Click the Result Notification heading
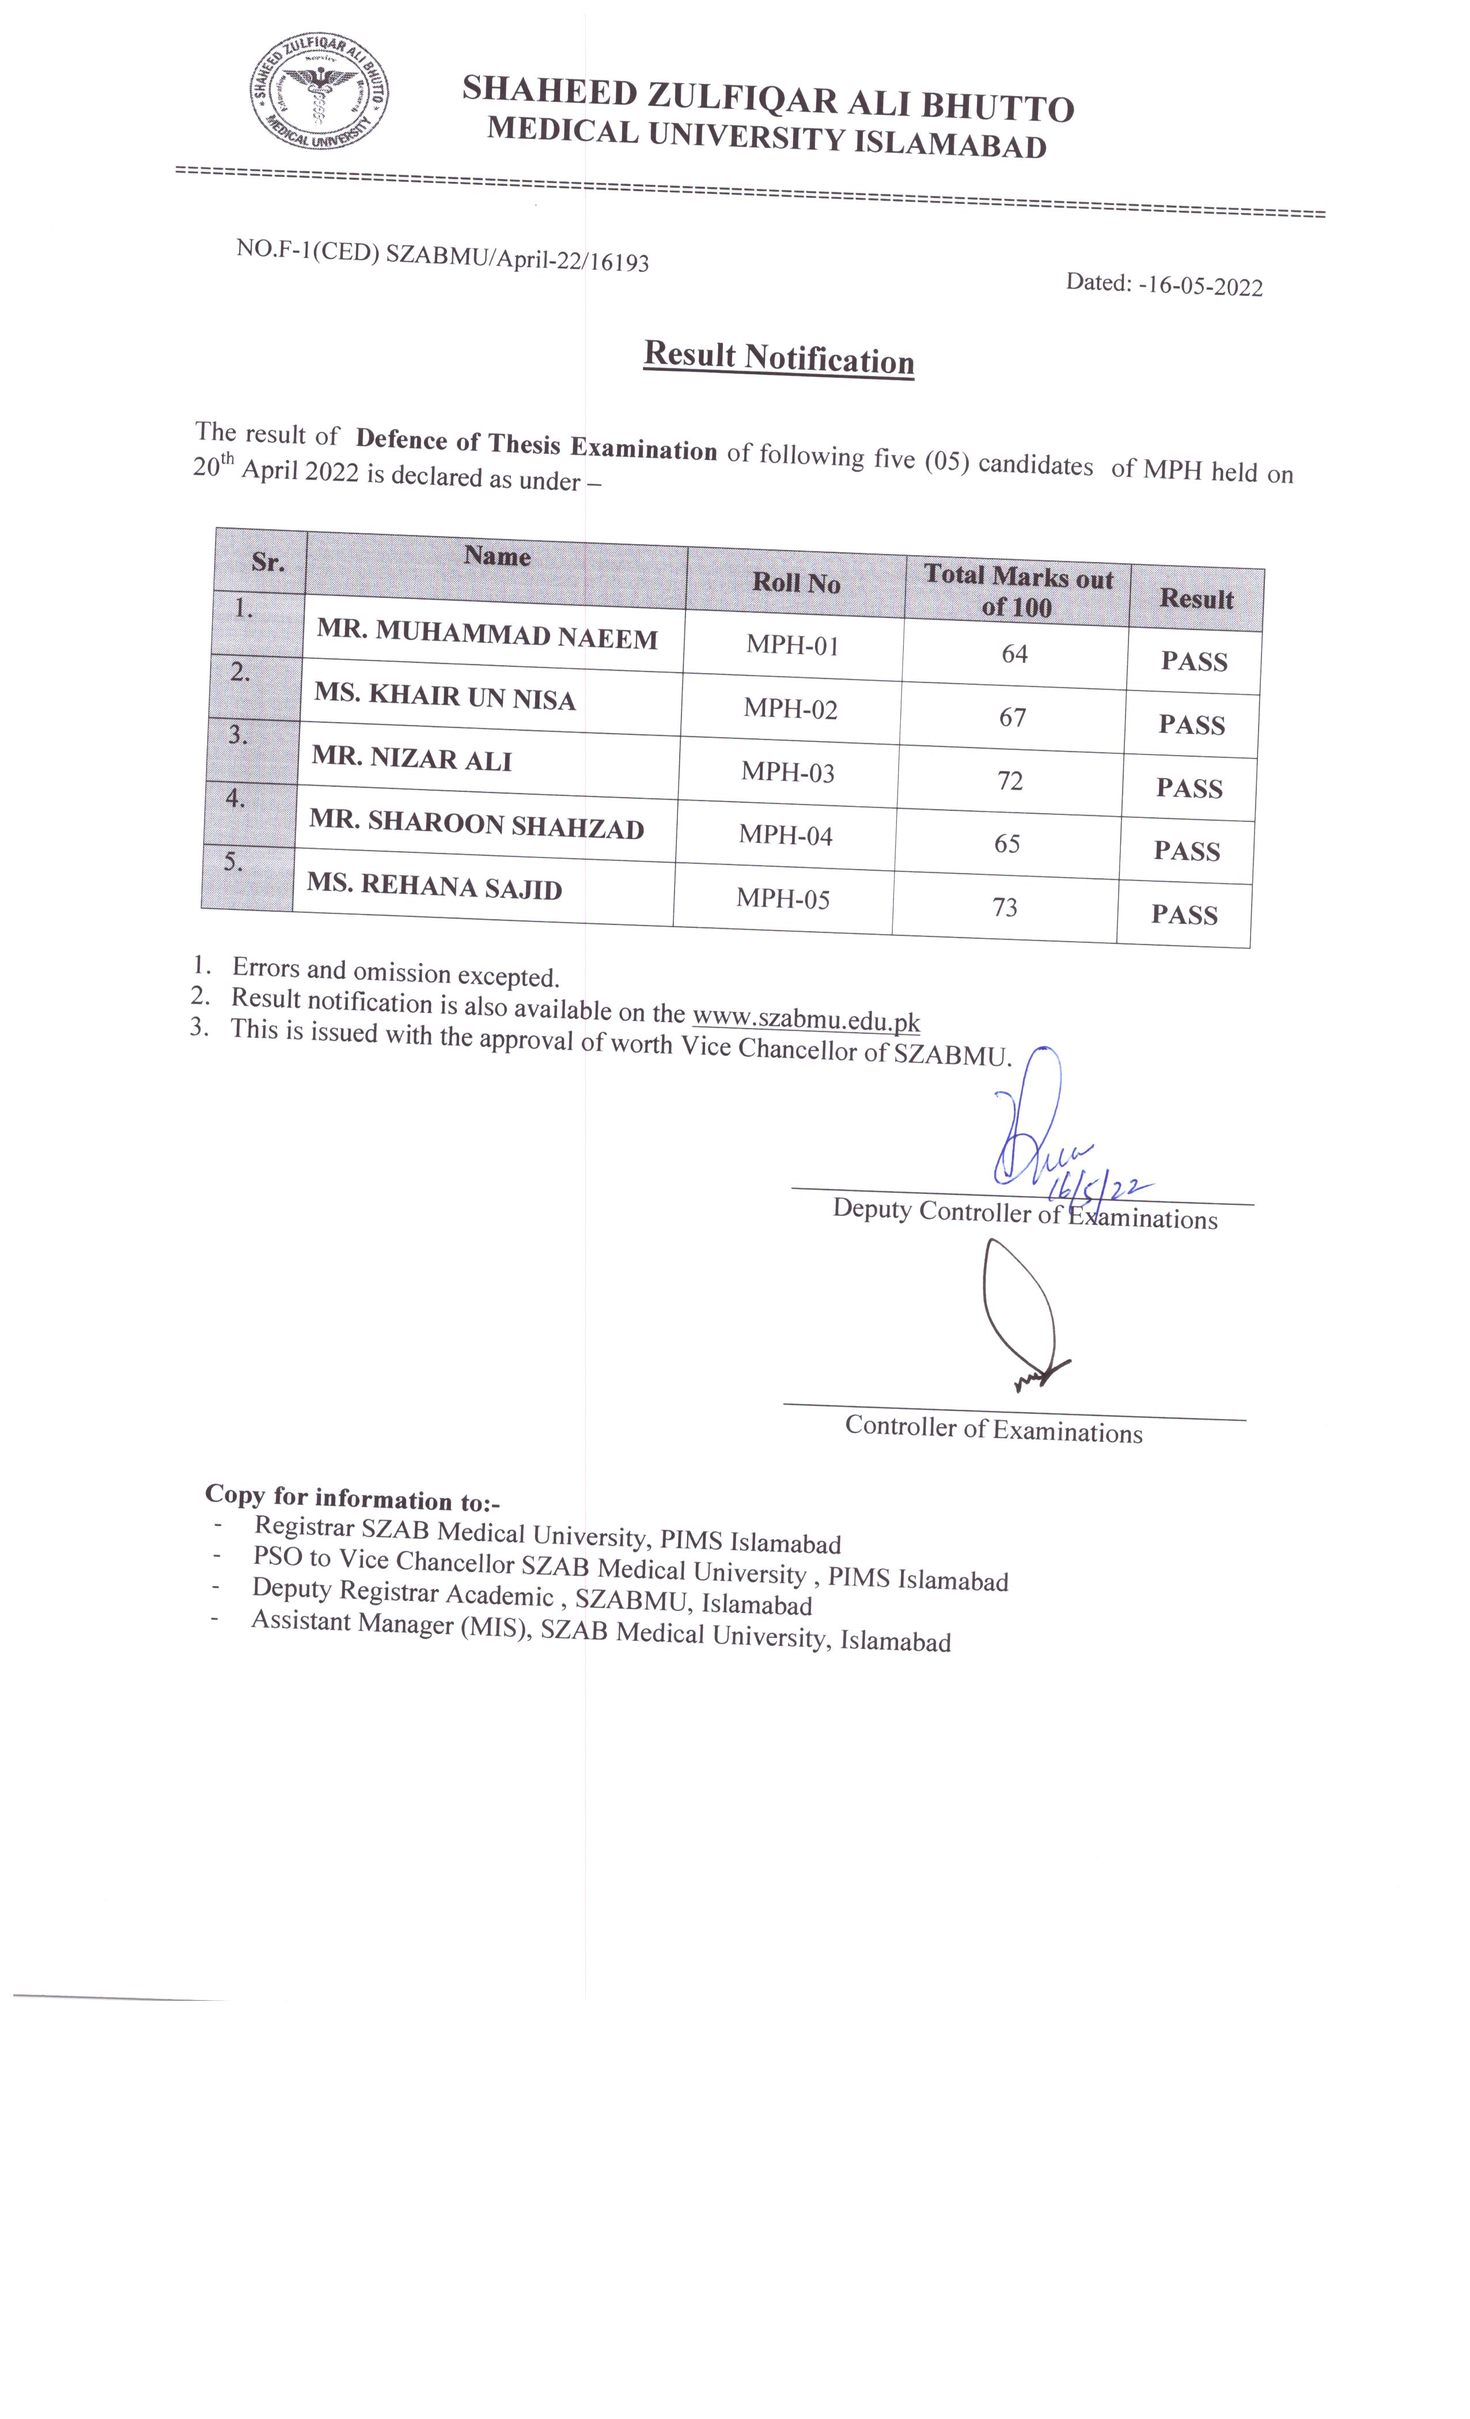779,358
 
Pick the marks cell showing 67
1013,718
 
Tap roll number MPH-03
787,772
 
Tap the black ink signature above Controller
1021,1315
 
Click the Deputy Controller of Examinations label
1024,1215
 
